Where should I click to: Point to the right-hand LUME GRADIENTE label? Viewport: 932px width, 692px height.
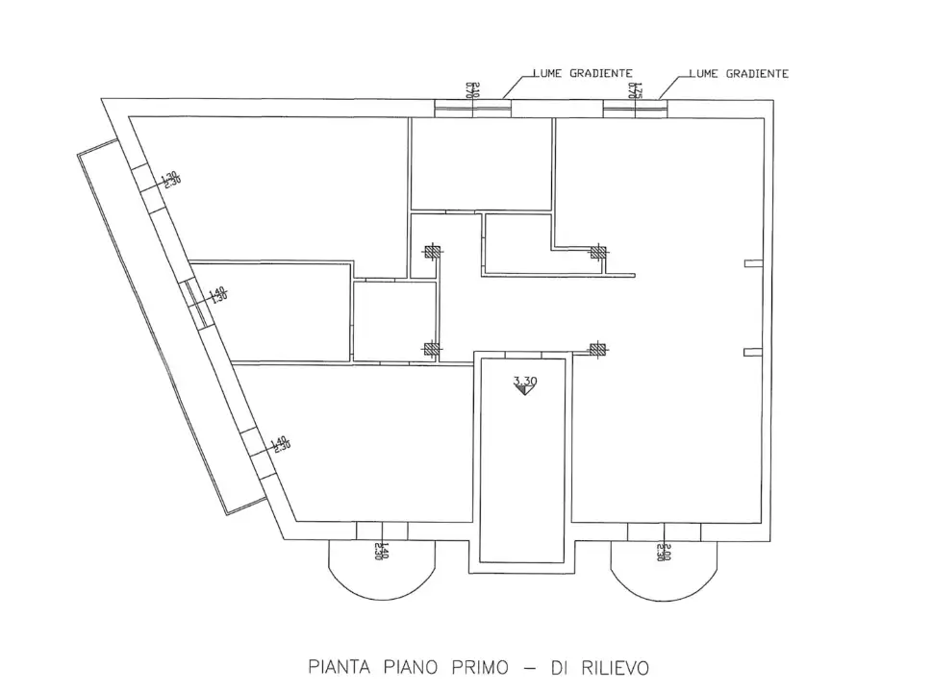pyautogui.click(x=740, y=73)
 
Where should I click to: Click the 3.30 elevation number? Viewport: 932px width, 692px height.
pyautogui.click(x=525, y=382)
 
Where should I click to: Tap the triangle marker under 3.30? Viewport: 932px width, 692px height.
pyautogui.click(x=525, y=392)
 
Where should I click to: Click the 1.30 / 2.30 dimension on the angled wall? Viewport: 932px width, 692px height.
pyautogui.click(x=170, y=180)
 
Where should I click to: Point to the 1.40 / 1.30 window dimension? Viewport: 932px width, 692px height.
pyautogui.click(x=217, y=293)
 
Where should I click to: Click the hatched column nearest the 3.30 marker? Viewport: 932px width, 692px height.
pyautogui.click(x=597, y=350)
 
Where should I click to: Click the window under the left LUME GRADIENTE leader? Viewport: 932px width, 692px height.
pyautogui.click(x=472, y=108)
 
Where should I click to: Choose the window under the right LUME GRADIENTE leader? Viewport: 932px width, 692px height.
pyautogui.click(x=635, y=108)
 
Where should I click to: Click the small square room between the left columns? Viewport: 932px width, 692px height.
pyautogui.click(x=394, y=321)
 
